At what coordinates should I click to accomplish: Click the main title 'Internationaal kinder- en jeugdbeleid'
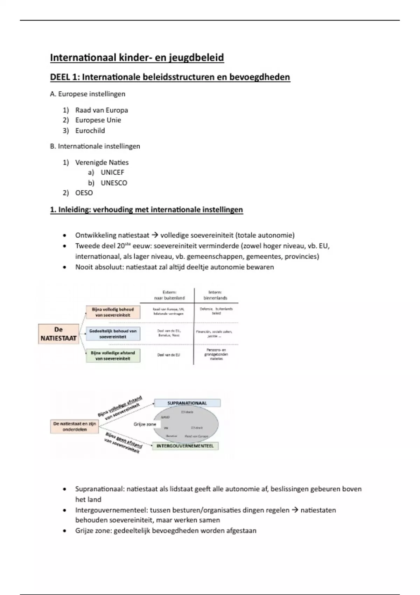137,57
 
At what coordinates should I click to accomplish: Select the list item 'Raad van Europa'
101,110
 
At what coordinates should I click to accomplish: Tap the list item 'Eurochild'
90,131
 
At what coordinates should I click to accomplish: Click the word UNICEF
112,172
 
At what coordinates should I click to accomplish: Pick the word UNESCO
114,183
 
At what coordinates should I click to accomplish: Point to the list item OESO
84,193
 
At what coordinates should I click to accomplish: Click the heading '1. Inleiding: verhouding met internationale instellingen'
146,210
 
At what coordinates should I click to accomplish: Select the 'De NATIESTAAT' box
58,334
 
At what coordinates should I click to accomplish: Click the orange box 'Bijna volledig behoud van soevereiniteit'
113,312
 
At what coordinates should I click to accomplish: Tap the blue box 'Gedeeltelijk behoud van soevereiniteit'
113,334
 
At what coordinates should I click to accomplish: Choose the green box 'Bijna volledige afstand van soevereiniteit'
113,356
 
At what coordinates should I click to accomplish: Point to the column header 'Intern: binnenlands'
215,295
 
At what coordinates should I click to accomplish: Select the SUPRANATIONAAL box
187,403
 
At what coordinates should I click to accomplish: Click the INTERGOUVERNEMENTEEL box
185,446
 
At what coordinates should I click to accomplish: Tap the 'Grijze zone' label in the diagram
145,424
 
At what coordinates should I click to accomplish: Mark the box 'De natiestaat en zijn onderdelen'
75,426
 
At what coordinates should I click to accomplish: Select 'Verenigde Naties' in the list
102,162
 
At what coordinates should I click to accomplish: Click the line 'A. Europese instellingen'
87,94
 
